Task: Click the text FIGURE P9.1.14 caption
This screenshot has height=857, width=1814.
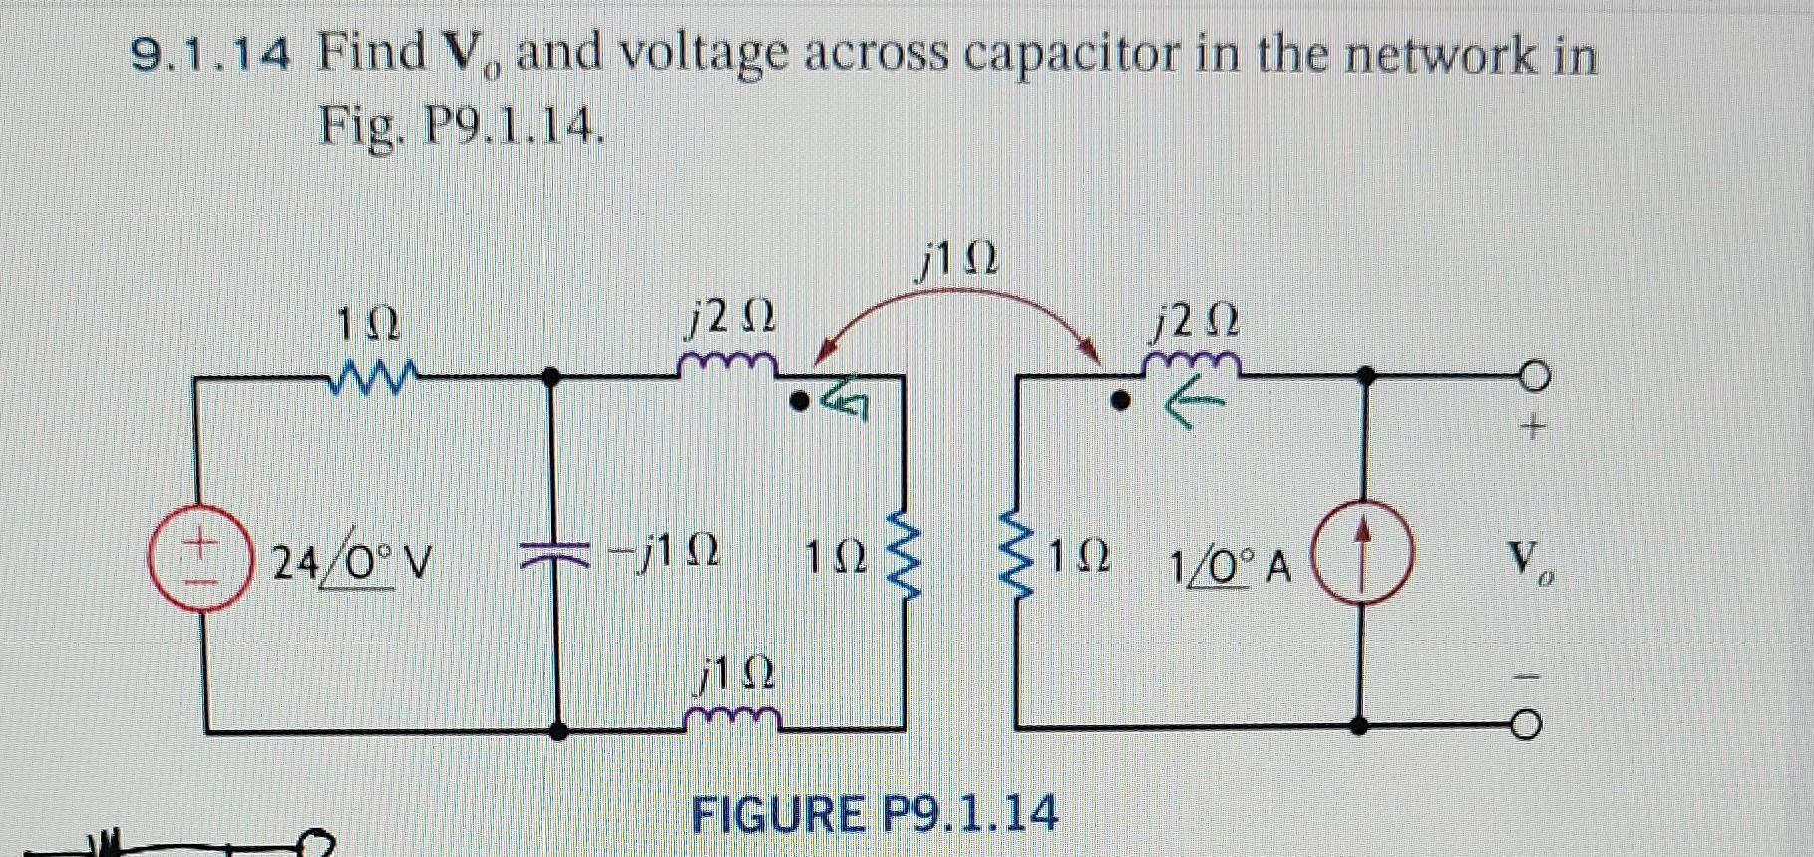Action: point(874,813)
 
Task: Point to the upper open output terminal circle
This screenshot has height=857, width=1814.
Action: point(1534,376)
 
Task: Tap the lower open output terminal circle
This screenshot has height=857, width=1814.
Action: point(1528,725)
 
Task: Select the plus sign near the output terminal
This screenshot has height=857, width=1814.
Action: point(1533,429)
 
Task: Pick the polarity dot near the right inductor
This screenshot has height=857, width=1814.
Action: point(1121,404)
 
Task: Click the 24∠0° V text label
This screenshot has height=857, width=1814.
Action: point(351,564)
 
